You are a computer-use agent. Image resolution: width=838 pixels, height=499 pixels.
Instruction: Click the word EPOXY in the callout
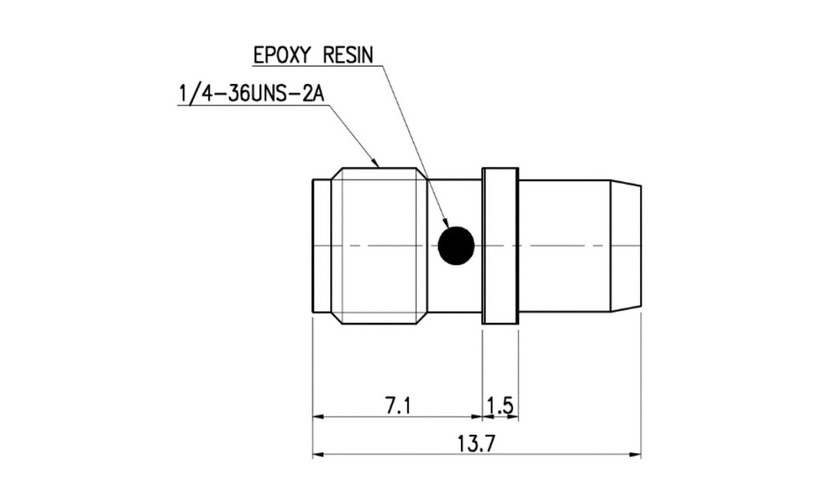pos(282,55)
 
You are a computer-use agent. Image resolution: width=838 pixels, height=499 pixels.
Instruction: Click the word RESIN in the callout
pos(348,55)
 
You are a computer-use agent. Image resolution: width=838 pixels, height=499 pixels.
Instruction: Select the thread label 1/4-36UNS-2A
pos(251,93)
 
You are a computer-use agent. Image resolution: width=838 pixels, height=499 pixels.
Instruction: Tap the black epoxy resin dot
pos(456,245)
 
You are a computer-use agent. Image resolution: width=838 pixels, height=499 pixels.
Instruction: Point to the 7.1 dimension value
pos(398,406)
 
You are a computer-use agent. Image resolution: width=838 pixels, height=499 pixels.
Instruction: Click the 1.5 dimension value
pos(500,406)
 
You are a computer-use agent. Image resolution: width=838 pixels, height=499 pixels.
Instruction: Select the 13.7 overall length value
pos(476,443)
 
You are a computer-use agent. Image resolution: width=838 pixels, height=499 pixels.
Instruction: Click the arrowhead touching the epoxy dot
pos(447,223)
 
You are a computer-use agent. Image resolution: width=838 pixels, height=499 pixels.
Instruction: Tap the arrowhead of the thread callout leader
pos(375,162)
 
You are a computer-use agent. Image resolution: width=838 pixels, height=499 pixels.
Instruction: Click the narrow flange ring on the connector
pos(500,245)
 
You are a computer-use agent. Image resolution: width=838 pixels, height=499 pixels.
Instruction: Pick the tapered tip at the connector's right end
pos(626,245)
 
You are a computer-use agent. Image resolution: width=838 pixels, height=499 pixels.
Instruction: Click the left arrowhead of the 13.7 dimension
pos(318,454)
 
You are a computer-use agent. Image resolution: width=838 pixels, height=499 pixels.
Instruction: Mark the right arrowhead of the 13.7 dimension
pos(636,454)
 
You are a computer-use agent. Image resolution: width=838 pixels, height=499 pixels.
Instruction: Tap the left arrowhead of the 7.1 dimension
pos(318,416)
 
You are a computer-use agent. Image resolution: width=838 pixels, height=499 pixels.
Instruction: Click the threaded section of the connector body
pos(379,245)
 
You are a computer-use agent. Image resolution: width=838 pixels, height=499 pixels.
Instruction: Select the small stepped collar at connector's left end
pos(322,245)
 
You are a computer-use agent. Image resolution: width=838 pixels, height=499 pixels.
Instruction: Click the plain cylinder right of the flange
pos(564,245)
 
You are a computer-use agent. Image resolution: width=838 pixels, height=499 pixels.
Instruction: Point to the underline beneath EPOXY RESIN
pos(318,66)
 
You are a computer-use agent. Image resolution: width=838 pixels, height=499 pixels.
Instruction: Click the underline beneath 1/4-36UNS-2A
pos(253,106)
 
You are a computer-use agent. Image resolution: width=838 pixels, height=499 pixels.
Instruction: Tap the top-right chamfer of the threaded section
pos(422,174)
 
